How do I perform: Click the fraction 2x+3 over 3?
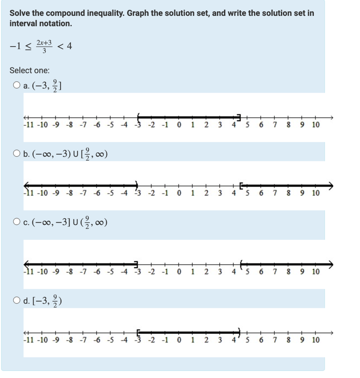(45, 47)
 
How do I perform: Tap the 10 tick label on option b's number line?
(316, 193)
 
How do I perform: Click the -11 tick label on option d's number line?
(29, 340)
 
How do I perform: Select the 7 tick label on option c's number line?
(275, 272)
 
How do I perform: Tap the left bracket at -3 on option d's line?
(139, 333)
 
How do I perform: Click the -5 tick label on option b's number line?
(110, 193)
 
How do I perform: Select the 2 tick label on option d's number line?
(206, 340)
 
